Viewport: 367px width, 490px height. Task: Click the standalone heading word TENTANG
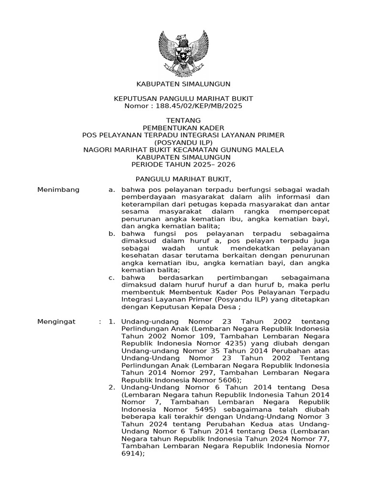[x=183, y=120]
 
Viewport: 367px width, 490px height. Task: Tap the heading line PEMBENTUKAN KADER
[x=183, y=128]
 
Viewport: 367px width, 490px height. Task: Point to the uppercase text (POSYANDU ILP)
[x=183, y=142]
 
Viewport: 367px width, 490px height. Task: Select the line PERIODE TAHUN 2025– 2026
[x=183, y=164]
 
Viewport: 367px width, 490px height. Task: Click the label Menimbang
[x=58, y=190]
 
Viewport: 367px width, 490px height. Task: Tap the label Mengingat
[x=57, y=322]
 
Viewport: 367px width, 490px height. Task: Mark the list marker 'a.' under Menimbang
[x=112, y=190]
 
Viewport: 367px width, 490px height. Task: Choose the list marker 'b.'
[x=112, y=234]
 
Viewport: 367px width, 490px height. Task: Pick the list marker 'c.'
[x=112, y=278]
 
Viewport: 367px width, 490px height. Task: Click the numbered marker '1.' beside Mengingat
[x=112, y=322]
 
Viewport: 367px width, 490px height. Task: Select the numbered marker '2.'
[x=112, y=387]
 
